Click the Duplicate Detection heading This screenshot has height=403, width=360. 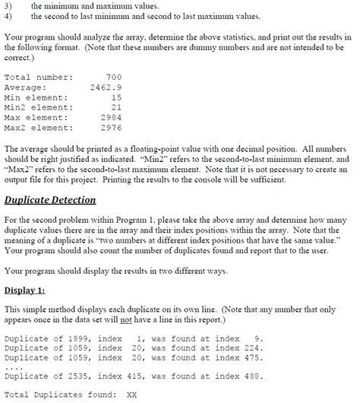pyautogui.click(x=50, y=200)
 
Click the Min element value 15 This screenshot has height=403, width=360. pyautogui.click(x=115, y=98)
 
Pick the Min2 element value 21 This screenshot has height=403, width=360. pyautogui.click(x=115, y=108)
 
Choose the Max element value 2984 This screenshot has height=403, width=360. pyautogui.click(x=111, y=118)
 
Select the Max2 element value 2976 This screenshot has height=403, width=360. pyautogui.click(x=111, y=128)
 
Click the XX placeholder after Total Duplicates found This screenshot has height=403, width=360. pyautogui.click(x=131, y=395)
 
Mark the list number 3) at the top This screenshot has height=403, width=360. pyautogui.click(x=9, y=6)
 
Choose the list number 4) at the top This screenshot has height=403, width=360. pyautogui.click(x=9, y=16)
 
